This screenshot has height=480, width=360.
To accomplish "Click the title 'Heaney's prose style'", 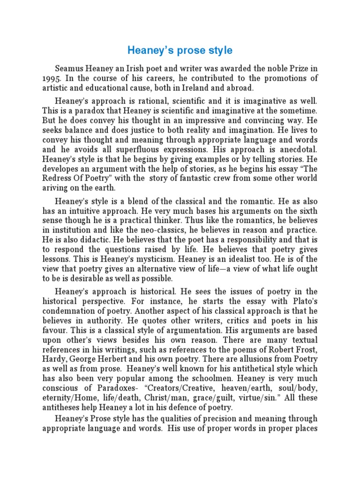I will [x=180, y=50].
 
